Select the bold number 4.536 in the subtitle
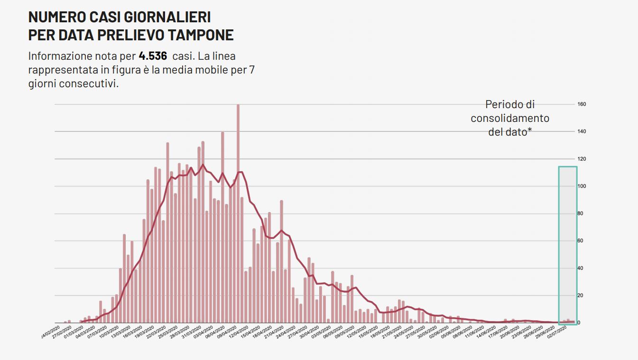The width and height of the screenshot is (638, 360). [153, 56]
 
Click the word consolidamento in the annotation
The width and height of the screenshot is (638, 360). [510, 118]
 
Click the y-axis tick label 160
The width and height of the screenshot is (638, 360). [582, 104]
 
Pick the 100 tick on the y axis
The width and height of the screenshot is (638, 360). [582, 186]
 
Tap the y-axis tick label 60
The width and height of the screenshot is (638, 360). [581, 241]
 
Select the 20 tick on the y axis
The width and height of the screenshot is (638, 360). [581, 295]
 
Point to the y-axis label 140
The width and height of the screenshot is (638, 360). [582, 131]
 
